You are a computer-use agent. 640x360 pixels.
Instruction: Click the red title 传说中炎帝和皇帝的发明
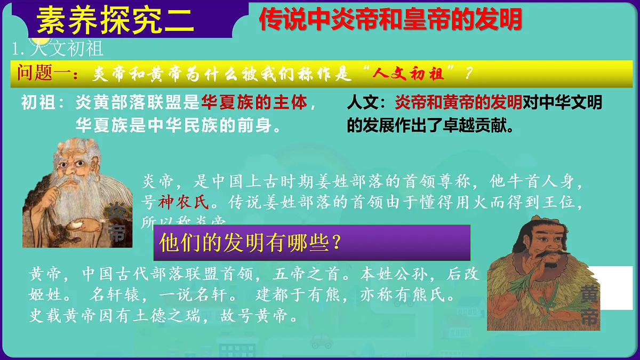point(390,20)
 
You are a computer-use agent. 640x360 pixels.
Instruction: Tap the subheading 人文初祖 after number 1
point(67,49)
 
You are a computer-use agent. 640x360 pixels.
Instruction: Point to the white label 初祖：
point(44,102)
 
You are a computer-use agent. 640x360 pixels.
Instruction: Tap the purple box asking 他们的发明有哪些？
point(311,243)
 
